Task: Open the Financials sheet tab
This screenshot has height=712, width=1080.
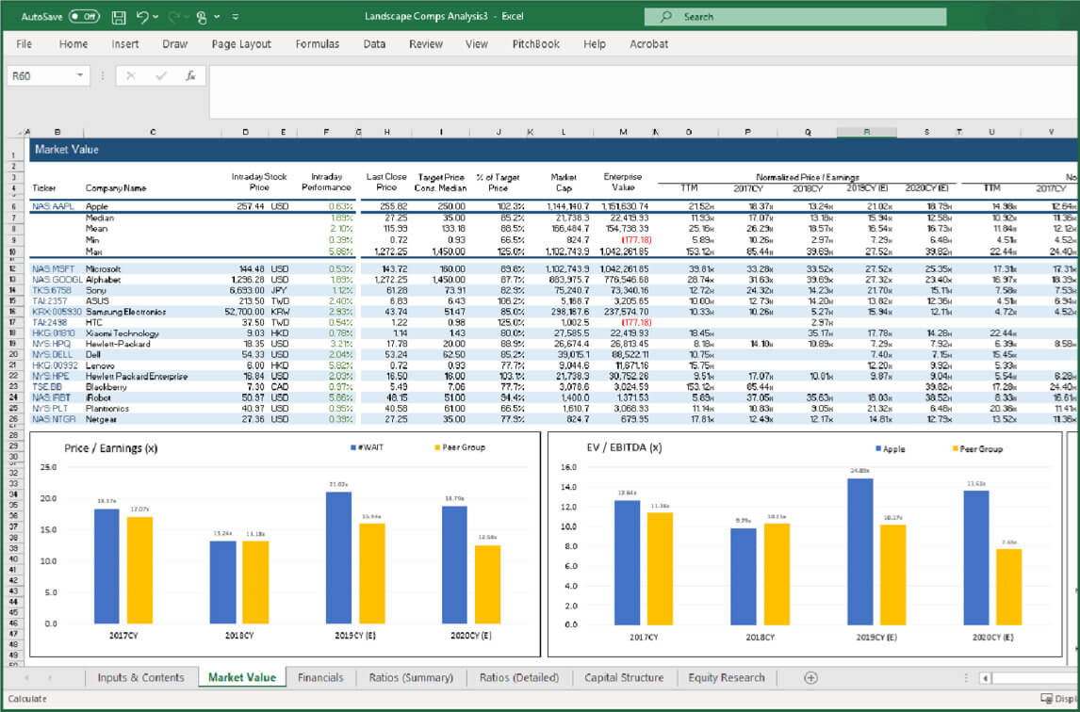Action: (x=319, y=677)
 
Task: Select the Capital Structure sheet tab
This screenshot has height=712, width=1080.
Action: (x=623, y=677)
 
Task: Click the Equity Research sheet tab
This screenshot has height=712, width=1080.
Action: (x=726, y=677)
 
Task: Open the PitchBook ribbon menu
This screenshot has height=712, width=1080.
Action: (x=535, y=44)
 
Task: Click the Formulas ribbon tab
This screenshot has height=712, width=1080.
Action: (x=318, y=44)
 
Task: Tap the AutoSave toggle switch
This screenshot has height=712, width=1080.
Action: (x=84, y=16)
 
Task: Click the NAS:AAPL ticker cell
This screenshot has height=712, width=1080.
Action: (x=53, y=205)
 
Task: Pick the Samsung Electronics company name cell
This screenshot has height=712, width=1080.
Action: (x=125, y=312)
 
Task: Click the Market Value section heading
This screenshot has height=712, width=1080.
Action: (x=66, y=149)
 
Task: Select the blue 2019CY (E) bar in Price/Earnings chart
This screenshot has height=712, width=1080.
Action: (x=338, y=558)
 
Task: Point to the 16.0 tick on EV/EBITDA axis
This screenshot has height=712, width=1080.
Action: (x=568, y=466)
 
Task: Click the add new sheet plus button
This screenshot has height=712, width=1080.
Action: (x=810, y=677)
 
